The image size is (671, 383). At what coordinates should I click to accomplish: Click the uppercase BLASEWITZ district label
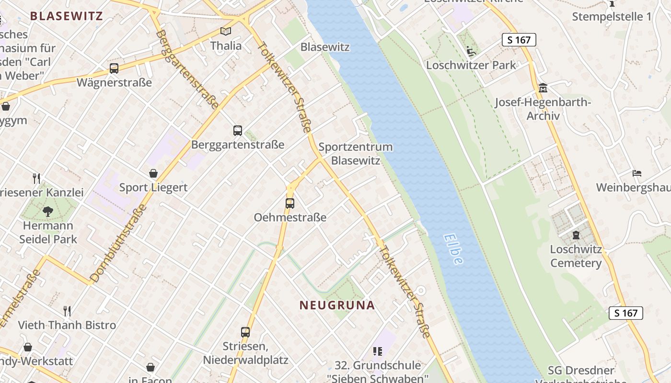[x=66, y=16]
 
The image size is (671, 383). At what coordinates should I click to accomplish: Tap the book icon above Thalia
[x=225, y=31]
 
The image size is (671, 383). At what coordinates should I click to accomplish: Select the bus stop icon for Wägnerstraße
[x=114, y=68]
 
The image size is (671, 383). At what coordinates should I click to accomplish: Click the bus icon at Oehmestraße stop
[x=289, y=203]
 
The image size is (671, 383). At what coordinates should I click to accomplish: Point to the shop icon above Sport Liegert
[x=153, y=173]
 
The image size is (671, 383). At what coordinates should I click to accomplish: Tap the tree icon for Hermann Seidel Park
[x=48, y=211]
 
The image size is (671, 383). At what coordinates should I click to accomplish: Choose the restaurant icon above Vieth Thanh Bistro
[x=67, y=311]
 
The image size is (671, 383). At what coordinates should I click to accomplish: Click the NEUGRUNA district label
[x=337, y=305]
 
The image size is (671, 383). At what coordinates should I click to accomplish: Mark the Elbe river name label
[x=453, y=248]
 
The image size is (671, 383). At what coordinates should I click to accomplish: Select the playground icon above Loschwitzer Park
[x=471, y=51]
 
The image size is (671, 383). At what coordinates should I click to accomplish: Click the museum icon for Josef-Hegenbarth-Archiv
[x=543, y=88]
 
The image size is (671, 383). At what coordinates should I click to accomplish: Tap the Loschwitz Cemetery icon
[x=576, y=235]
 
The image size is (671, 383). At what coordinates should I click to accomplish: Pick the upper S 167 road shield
[x=519, y=40]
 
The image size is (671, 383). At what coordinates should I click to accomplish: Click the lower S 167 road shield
[x=625, y=313]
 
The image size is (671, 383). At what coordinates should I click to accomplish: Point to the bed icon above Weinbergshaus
[x=636, y=173]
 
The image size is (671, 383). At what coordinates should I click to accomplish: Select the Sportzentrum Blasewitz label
[x=355, y=154]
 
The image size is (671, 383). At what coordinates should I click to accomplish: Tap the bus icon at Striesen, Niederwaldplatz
[x=245, y=332]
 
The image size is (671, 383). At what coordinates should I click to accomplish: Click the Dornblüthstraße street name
[x=118, y=244]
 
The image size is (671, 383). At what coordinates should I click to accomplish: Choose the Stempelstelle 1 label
[x=612, y=17]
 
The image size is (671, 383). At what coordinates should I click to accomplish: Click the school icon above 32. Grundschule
[x=378, y=351]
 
